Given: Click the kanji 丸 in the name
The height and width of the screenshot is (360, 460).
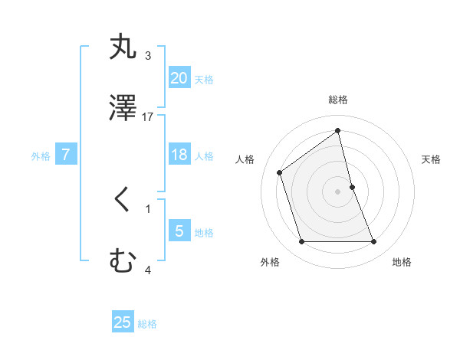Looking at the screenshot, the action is pos(123,47).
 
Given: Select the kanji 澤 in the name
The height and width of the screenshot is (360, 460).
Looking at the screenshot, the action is pos(123,109).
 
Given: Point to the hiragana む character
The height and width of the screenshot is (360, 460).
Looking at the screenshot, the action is pos(123,262).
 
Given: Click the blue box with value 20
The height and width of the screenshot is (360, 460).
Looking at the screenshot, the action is pos(179,77).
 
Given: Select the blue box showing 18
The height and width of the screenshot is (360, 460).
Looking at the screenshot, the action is pos(179,155).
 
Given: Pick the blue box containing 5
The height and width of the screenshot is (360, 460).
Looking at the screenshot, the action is pos(179,231).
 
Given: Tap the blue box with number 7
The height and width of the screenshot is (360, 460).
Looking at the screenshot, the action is pos(66,155).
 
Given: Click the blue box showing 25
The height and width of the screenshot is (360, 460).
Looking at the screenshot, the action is pos(123,322).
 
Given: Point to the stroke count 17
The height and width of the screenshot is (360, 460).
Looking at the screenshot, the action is pos(148,117).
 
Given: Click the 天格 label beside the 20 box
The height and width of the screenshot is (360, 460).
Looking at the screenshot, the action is pos(203,80).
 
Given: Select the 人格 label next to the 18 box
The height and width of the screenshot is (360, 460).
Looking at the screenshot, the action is pos(203,156).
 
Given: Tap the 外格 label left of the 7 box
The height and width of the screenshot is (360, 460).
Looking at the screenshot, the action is pos(41,156).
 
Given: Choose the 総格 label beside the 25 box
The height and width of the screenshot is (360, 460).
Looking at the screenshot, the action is pos(147,324).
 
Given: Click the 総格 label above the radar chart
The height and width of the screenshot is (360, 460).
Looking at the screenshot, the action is pos(337,100).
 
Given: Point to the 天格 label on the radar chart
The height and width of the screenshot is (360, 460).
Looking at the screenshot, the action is pos(431,159).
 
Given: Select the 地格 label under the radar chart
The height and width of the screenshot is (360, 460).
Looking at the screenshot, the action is pos(402,262).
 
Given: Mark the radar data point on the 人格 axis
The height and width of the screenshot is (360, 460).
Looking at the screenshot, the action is pos(280,172).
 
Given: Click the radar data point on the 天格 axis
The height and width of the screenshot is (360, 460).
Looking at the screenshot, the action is pos(352,187).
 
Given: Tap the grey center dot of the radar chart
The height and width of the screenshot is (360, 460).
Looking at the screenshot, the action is pos(337,191).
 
